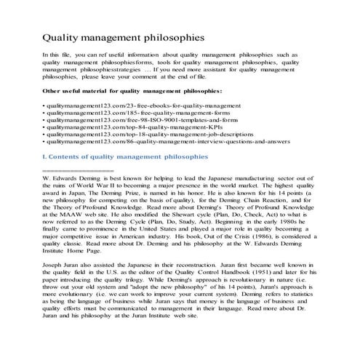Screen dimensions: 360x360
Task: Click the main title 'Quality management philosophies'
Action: (x=122, y=37)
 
